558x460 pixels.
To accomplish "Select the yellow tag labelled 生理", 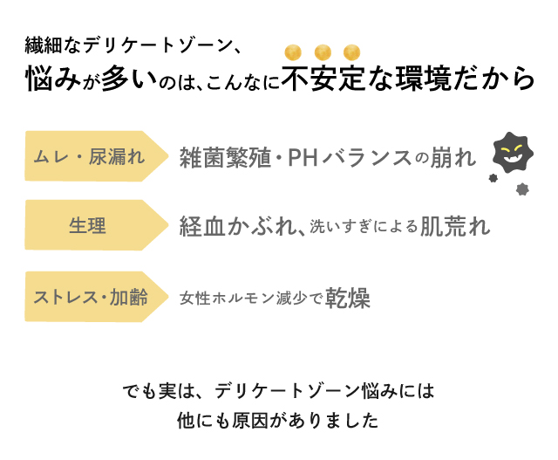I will [87, 226].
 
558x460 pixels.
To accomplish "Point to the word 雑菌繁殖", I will [222, 158].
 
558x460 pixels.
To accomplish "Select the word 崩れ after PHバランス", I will [453, 158].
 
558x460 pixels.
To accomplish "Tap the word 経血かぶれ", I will [240, 227].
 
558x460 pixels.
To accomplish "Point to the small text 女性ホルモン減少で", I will [252, 299].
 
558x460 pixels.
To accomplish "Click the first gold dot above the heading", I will [293, 51].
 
